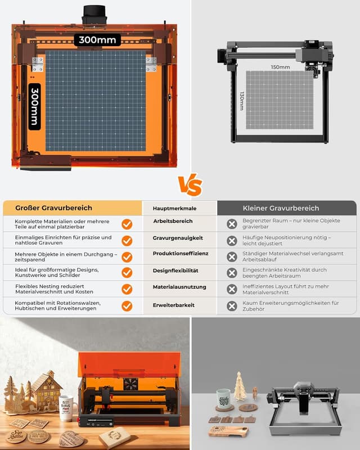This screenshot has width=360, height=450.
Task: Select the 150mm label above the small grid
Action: click(x=280, y=67)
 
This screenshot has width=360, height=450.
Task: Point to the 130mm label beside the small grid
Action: click(x=242, y=101)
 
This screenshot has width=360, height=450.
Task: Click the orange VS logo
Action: click(x=190, y=185)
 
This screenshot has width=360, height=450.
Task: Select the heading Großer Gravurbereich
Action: click(x=53, y=208)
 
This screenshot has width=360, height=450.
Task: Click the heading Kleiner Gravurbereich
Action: click(x=281, y=208)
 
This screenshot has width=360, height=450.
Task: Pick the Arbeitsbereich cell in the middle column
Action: click(x=173, y=222)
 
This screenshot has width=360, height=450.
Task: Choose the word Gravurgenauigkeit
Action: click(x=177, y=238)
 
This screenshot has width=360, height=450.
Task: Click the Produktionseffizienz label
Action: click(x=180, y=254)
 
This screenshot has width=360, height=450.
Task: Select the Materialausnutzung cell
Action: click(x=179, y=287)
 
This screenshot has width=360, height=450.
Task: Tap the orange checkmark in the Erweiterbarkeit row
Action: click(x=127, y=306)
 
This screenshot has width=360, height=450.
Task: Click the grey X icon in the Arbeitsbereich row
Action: click(x=231, y=224)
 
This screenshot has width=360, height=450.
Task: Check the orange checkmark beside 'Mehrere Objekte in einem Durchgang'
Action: click(x=127, y=257)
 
